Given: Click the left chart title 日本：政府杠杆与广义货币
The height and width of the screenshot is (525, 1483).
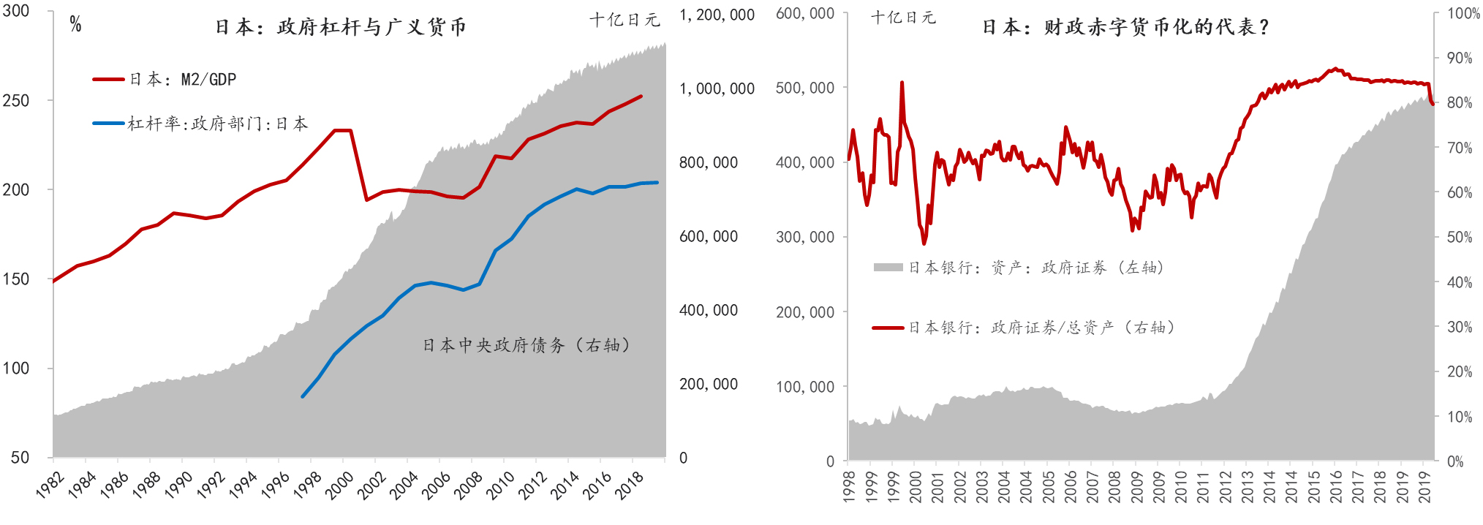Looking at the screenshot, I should click(341, 27).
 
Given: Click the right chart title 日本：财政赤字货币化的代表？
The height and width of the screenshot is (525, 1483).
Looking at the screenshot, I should click(1125, 27).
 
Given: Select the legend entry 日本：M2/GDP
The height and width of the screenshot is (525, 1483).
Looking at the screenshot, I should click(183, 79).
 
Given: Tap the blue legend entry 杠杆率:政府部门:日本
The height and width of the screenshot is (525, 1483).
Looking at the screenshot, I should click(217, 124).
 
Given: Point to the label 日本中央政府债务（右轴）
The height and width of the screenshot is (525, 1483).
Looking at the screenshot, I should click(527, 345).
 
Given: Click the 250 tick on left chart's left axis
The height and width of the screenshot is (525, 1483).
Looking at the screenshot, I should click(16, 100).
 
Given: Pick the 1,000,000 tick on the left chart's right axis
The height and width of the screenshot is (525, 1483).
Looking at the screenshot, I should click(717, 88).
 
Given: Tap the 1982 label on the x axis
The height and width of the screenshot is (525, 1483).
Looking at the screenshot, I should click(50, 486).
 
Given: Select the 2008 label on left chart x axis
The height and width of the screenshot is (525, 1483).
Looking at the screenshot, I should click(468, 486).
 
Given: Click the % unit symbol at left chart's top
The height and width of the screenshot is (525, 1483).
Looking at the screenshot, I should click(75, 25).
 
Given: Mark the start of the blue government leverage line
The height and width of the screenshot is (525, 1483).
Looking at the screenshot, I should click(303, 397).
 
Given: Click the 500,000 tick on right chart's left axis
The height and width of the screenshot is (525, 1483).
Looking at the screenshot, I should click(804, 88).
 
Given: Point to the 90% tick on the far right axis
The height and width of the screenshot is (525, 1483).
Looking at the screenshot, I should click(1460, 58).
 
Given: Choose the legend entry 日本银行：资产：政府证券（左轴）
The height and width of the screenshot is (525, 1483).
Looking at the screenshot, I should click(1035, 268).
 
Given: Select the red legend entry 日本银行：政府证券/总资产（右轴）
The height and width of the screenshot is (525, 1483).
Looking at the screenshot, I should click(1041, 328).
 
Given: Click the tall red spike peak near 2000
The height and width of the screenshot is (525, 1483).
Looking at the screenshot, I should click(902, 83).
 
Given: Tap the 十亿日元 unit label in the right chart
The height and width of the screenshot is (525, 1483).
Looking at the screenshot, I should click(903, 18).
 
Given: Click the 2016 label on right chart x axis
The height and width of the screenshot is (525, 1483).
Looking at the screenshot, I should click(1336, 486).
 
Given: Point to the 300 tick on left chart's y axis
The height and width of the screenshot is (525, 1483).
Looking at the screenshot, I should click(16, 11).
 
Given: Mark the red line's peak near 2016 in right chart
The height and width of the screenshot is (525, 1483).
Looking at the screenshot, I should click(1335, 69).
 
